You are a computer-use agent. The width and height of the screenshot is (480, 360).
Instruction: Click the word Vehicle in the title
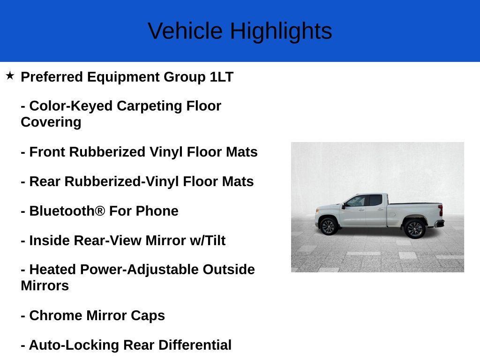(x=185, y=30)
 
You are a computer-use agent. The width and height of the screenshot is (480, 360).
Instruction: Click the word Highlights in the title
(x=281, y=31)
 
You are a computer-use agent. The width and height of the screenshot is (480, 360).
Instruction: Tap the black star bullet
(x=10, y=75)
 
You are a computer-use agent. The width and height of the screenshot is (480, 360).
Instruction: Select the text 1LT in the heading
(x=222, y=77)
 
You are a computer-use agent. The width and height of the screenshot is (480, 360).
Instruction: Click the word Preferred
(x=52, y=77)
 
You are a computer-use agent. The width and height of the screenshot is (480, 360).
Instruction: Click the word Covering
(x=51, y=122)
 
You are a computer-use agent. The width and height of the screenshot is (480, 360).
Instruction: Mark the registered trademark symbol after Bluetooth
(x=100, y=210)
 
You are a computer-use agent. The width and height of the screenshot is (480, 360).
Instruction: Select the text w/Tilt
(x=208, y=240)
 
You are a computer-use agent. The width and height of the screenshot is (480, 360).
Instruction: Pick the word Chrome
(x=56, y=315)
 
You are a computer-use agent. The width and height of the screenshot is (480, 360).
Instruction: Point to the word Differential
(x=195, y=345)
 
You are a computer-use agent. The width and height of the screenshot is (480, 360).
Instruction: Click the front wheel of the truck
(x=328, y=227)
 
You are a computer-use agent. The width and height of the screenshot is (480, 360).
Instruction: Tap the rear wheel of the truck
(x=414, y=229)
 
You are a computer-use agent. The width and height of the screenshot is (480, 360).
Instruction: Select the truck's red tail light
(x=441, y=210)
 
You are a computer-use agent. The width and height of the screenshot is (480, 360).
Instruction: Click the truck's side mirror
(x=344, y=206)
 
